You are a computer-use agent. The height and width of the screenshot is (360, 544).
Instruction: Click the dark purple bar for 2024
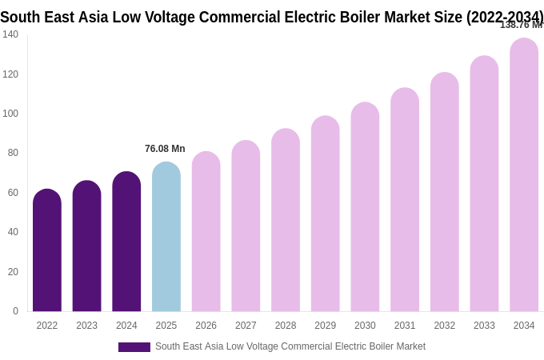[x=126, y=242]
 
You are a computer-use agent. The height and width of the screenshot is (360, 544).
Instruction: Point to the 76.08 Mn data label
[x=165, y=149]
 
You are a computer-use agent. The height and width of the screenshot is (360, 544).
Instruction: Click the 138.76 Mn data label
[x=521, y=25]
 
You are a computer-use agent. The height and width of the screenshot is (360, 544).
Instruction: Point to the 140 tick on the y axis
[x=10, y=34]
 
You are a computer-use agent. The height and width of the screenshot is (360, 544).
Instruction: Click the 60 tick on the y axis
[x=13, y=193]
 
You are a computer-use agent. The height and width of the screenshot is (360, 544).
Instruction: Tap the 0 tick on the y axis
[x=15, y=311]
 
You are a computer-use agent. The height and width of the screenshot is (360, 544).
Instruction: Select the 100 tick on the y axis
[x=10, y=114]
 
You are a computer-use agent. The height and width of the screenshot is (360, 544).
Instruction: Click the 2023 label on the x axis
[x=86, y=326]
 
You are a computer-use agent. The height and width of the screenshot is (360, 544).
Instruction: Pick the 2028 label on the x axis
[x=286, y=326]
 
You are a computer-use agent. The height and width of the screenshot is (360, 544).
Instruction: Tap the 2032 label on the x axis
[x=445, y=326]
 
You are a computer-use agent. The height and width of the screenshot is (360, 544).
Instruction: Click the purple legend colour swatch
[x=134, y=347]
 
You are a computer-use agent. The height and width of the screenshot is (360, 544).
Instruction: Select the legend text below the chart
[x=290, y=346]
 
